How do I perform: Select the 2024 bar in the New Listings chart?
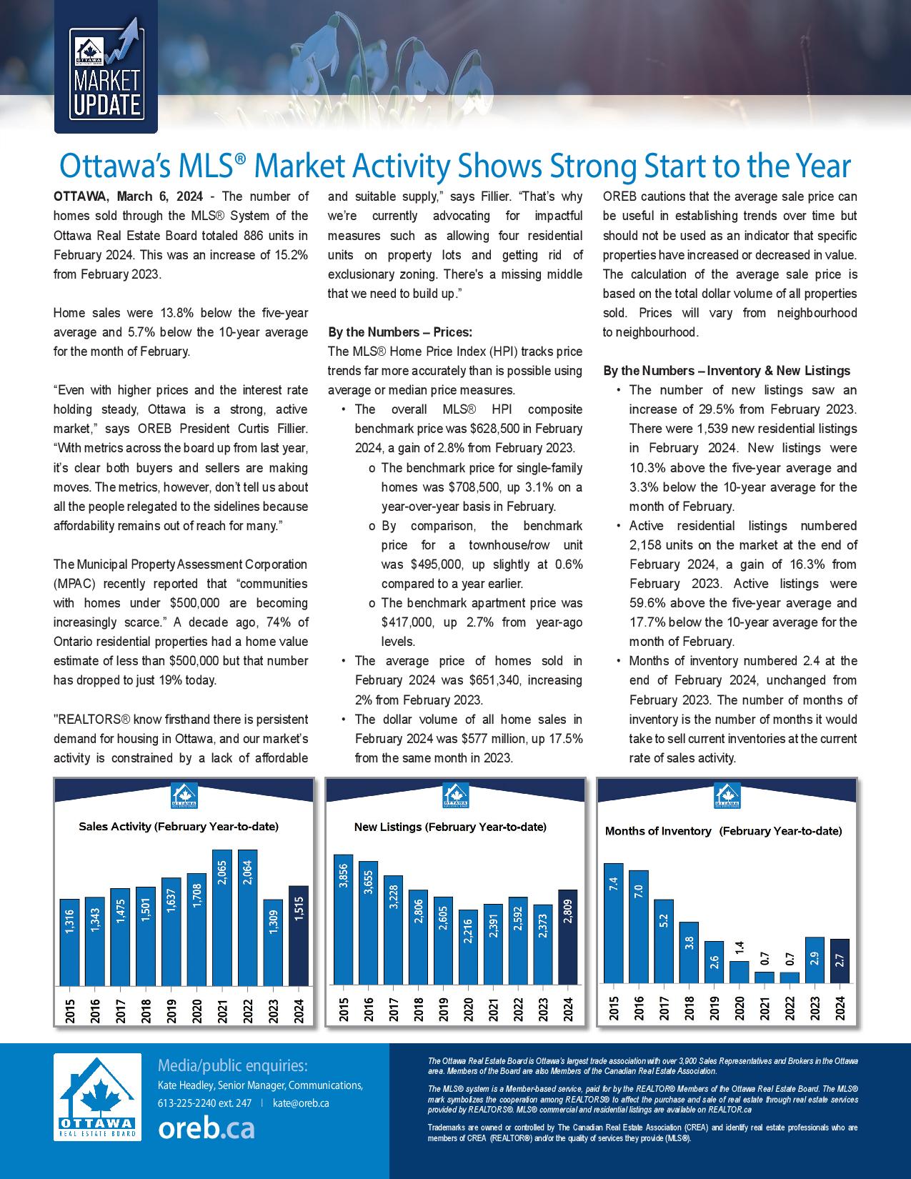pyautogui.click(x=568, y=937)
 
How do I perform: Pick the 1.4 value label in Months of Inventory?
pyautogui.click(x=740, y=949)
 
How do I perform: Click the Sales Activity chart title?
pyautogui.click(x=179, y=827)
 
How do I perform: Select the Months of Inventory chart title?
pyautogui.click(x=723, y=831)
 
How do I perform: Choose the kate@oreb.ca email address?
pyautogui.click(x=301, y=1103)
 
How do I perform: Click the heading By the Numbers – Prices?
pyautogui.click(x=399, y=332)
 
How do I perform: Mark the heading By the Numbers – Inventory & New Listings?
pyautogui.click(x=727, y=371)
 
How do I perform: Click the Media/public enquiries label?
pyautogui.click(x=233, y=1066)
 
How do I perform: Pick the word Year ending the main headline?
pyautogui.click(x=821, y=166)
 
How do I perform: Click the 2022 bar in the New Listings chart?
pyautogui.click(x=518, y=940)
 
